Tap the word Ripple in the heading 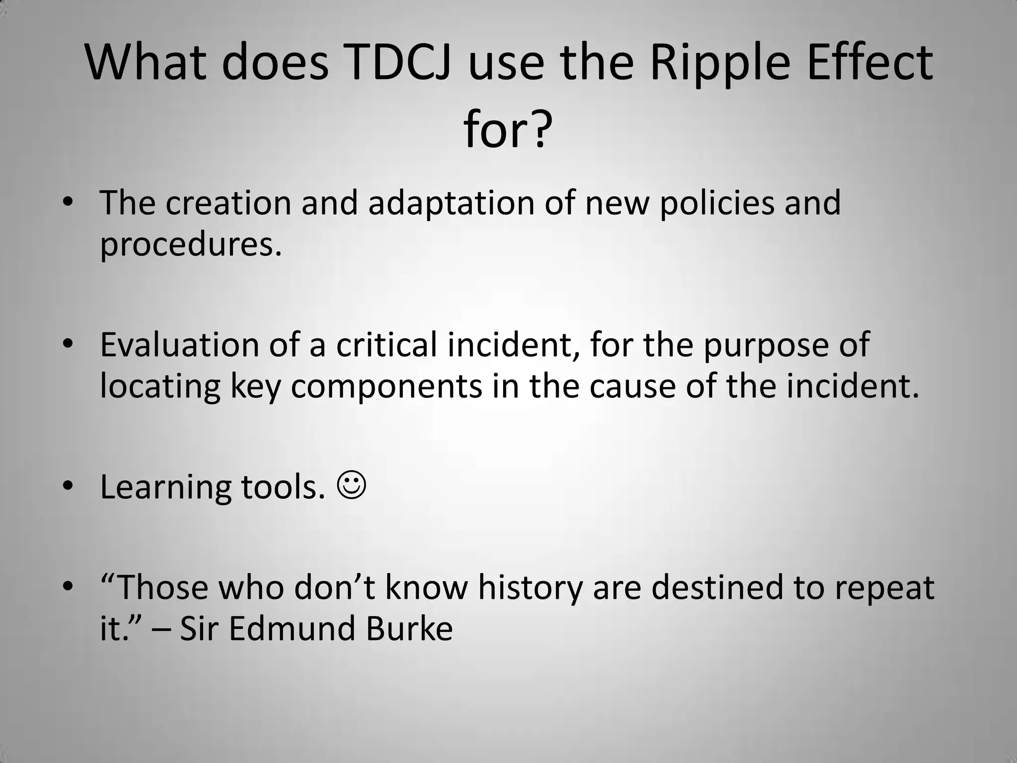[x=720, y=64]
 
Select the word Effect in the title [x=870, y=64]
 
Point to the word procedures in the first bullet [x=191, y=245]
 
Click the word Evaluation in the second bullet [x=179, y=344]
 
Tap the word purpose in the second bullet [x=766, y=344]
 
